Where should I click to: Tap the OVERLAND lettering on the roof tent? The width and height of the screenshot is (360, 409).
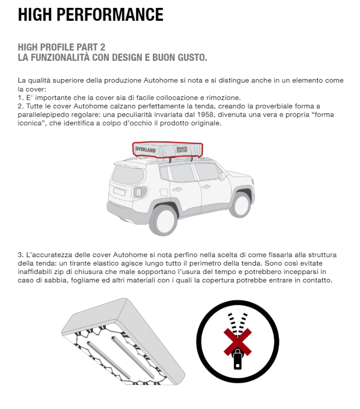pyautogui.click(x=146, y=149)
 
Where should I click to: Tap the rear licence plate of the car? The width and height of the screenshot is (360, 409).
pyautogui.click(x=119, y=191)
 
